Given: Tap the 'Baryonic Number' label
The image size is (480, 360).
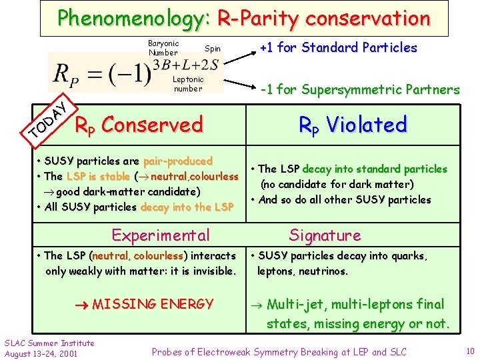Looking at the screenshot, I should (163, 48).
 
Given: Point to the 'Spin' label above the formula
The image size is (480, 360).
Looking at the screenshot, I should (212, 49).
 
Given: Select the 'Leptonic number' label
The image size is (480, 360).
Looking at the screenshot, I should (188, 84).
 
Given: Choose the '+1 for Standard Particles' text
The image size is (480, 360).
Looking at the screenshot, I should (338, 47).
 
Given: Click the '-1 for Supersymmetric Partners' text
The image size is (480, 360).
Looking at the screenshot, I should (360, 89).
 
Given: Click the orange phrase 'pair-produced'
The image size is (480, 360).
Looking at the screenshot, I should (181, 161).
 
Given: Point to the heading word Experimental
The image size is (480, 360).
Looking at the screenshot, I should (161, 235).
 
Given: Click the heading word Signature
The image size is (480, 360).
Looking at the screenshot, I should (325, 235).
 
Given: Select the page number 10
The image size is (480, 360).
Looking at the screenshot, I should (469, 351).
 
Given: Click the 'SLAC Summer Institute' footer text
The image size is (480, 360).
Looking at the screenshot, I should (49, 343).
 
